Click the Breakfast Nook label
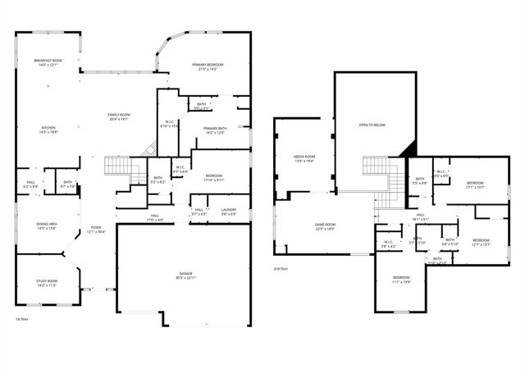click(x=46, y=62)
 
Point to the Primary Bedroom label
click(x=208, y=66)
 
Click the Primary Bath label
click(x=215, y=130)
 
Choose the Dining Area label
click(x=46, y=225)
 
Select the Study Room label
click(x=46, y=283)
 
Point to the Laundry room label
click(x=229, y=212)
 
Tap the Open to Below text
click(x=372, y=125)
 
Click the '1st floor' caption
click(x=23, y=318)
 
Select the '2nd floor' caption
click(x=282, y=268)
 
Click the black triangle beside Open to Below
click(x=411, y=148)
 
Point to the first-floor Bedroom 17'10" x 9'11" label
click(x=214, y=177)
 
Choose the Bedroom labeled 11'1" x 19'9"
click(x=400, y=279)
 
